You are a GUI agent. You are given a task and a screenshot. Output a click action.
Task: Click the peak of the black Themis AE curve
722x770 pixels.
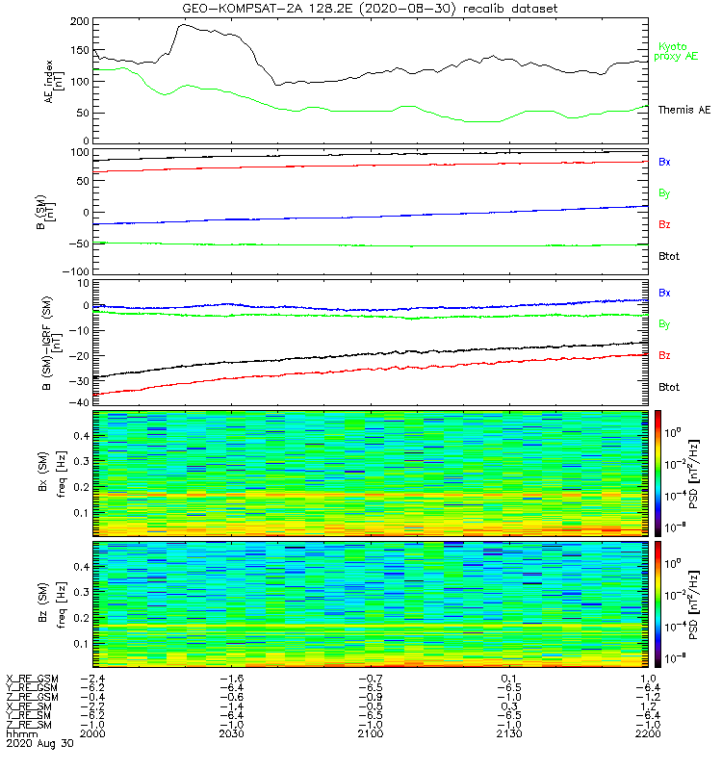click(185, 25)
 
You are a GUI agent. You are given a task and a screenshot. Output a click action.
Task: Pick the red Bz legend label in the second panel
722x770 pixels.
click(664, 224)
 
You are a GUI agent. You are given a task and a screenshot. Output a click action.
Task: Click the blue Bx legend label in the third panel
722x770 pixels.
click(664, 292)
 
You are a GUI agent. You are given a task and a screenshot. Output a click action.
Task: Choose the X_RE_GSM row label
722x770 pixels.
click(32, 679)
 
